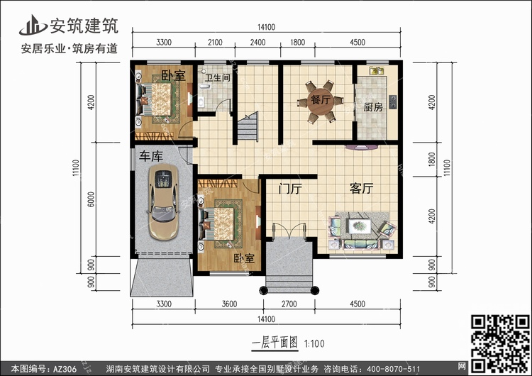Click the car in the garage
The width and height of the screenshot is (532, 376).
pyautogui.click(x=163, y=202)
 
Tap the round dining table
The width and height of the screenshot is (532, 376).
pyautogui.click(x=321, y=101)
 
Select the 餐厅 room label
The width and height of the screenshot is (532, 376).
pyautogui.click(x=321, y=100)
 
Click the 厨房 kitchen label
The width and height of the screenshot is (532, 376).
pyautogui.click(x=373, y=107)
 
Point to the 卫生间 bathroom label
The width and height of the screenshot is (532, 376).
pyautogui.click(x=218, y=78)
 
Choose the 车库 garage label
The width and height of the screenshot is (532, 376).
pyautogui.click(x=151, y=156)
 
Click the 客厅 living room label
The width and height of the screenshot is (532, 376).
pyautogui.click(x=361, y=188)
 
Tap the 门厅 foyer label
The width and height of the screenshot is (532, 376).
pyautogui.click(x=290, y=189)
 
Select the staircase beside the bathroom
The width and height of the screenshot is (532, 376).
pyautogui.click(x=248, y=127)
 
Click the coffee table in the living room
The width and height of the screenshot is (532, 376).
pyautogui.click(x=360, y=226)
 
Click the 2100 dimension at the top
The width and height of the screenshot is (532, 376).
pyautogui.click(x=215, y=43)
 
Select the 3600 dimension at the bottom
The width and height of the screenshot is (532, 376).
pyautogui.click(x=229, y=304)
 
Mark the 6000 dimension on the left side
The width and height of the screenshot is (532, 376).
pyautogui.click(x=91, y=199)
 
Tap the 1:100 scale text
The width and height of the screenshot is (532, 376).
pyautogui.click(x=314, y=344)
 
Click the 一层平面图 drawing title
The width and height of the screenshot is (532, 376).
pyautogui.click(x=275, y=343)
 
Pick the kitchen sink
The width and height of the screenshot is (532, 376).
pyautogui.click(x=377, y=70)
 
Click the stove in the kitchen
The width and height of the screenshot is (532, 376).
pyautogui.click(x=393, y=102)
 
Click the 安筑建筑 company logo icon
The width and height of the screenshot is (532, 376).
pyautogui.click(x=33, y=25)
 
